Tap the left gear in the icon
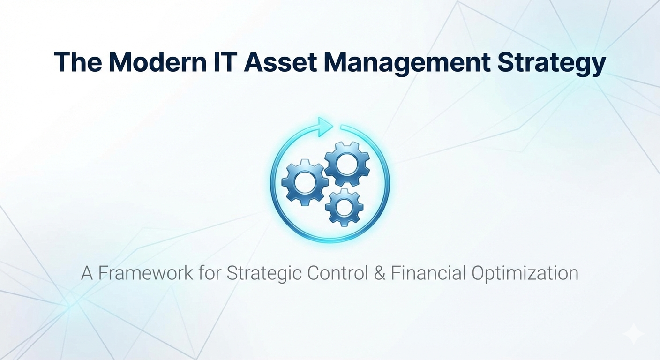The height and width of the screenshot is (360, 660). (305, 182)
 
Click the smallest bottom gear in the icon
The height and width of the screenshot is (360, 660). (345, 207)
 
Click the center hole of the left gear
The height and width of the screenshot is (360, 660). (305, 182)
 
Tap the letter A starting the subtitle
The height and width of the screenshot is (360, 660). (87, 273)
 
